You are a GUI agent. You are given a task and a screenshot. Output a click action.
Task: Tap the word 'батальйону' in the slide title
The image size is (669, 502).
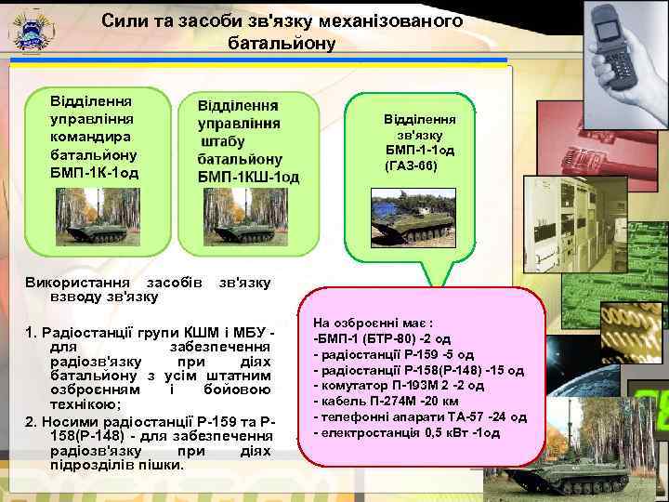pyautogui.click(x=277, y=43)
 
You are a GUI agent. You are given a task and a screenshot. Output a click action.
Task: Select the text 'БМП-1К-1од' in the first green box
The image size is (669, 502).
pyautogui.click(x=94, y=173)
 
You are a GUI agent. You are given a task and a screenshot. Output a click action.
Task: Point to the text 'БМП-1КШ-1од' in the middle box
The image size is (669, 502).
pyautogui.click(x=248, y=177)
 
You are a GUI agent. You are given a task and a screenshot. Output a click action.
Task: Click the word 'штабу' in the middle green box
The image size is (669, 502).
pyautogui.click(x=223, y=141)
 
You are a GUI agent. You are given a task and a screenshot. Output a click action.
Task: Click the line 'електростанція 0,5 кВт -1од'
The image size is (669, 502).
pyautogui.click(x=408, y=432)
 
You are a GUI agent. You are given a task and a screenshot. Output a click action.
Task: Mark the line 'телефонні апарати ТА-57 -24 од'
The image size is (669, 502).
pyautogui.click(x=421, y=416)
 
